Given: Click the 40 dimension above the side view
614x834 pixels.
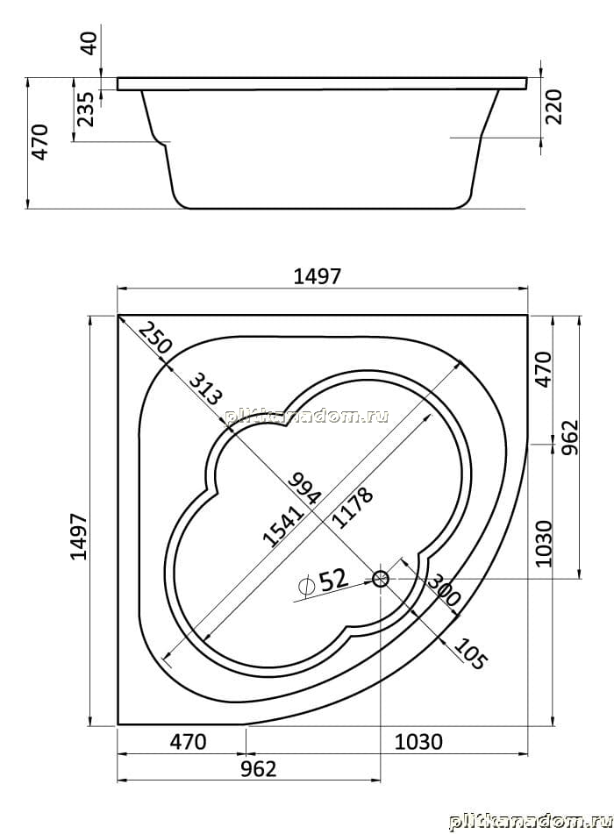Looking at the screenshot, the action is point(89,43).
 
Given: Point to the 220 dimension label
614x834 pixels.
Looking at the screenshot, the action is point(553,106).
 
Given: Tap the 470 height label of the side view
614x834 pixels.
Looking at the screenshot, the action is point(39,142).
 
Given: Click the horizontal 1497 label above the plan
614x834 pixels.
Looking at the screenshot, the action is point(318,276).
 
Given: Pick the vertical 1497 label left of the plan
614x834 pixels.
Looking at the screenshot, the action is point(79,537).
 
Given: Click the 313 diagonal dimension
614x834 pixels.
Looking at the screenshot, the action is point(205,388).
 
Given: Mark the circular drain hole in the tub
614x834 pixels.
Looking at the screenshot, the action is point(381,578).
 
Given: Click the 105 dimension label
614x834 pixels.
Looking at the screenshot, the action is point(470,653).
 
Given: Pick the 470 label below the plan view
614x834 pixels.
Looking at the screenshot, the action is point(188,741).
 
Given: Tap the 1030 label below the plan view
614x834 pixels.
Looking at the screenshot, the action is point(418,741).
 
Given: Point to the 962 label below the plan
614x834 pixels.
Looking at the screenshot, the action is point(259,768).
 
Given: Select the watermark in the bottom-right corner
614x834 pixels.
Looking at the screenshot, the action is point(530,822).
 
